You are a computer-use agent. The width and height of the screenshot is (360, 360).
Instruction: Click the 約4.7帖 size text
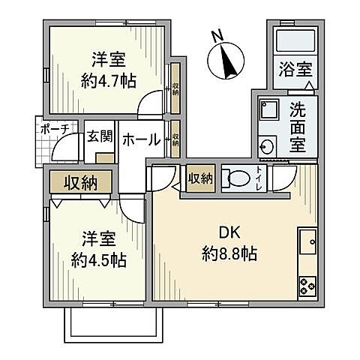[x=109, y=81]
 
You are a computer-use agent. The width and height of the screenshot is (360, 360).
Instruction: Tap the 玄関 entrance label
[x=97, y=137]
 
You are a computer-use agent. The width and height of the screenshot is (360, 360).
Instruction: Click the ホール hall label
[x=140, y=139]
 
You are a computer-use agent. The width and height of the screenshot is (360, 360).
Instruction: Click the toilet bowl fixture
[x=238, y=179]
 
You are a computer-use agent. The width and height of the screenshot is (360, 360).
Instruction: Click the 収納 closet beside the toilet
[x=200, y=178]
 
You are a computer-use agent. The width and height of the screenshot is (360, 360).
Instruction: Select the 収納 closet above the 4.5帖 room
[x=79, y=181]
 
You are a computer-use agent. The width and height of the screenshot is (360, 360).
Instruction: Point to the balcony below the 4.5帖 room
[x=115, y=322]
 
